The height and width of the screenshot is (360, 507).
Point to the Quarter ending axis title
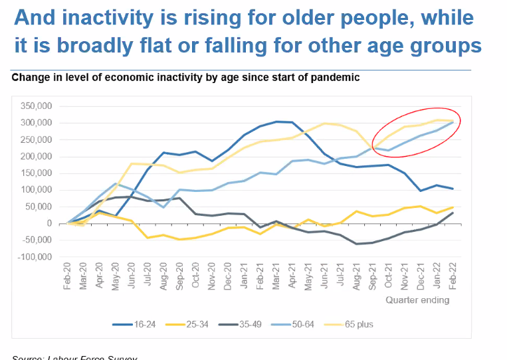point(417,300)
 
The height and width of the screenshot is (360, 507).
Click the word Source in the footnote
point(27,358)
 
